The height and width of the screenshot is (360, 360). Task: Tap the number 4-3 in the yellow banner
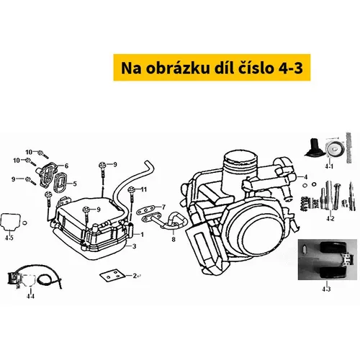point(291,68)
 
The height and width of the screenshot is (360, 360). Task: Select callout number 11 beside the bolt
point(143,189)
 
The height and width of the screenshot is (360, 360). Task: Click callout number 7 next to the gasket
point(163,207)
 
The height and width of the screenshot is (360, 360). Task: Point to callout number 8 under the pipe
point(174,239)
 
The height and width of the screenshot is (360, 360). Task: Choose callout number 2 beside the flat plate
point(135,276)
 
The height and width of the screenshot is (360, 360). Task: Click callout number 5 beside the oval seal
point(75,184)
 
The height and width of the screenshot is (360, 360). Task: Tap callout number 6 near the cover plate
point(66,166)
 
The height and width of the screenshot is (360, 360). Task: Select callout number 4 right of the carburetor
point(305,177)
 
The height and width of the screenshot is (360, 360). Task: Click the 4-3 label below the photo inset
point(326,289)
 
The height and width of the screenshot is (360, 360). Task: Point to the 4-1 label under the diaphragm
point(329,166)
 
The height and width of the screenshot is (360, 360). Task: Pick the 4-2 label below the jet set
point(330,219)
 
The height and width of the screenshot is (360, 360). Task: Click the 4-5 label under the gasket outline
point(9,238)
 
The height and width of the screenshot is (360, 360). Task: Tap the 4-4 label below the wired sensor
point(30,296)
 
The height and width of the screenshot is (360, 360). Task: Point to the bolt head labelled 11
point(132,189)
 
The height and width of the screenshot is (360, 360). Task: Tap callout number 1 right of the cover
point(142,234)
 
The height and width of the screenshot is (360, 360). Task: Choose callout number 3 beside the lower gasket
point(134,246)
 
